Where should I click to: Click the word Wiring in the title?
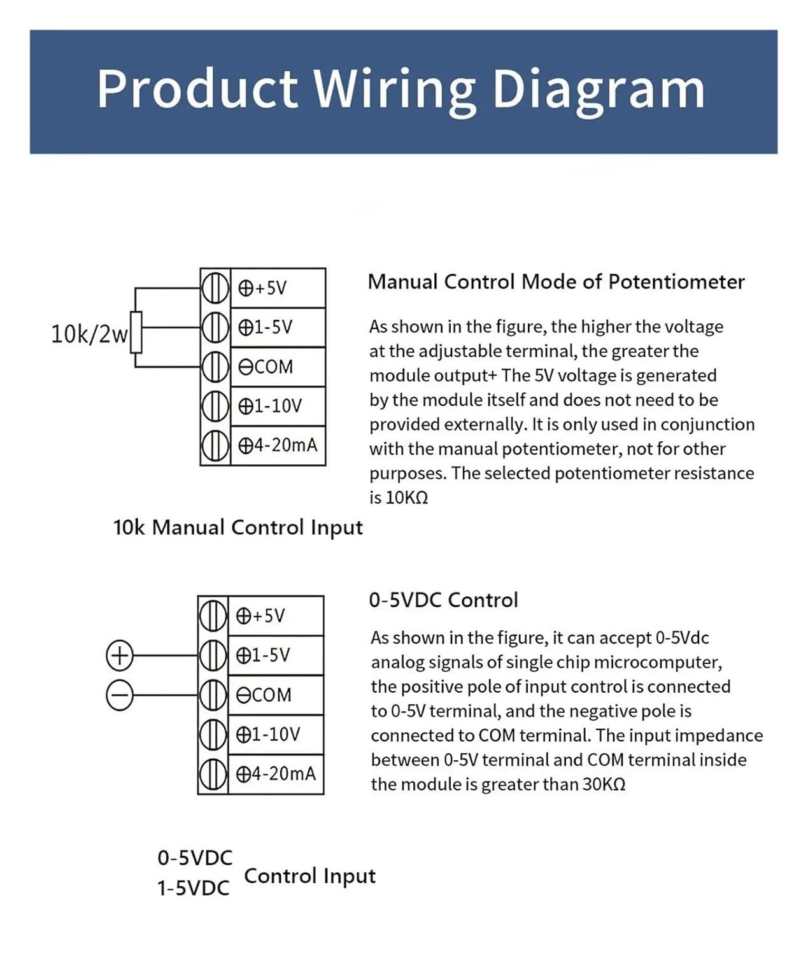pyautogui.click(x=395, y=89)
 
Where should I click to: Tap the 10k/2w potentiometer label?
pyautogui.click(x=89, y=334)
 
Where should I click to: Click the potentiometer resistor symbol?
pyautogui.click(x=136, y=332)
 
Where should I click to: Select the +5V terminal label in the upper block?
pyautogui.click(x=263, y=288)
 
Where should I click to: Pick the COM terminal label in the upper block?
pyautogui.click(x=266, y=367)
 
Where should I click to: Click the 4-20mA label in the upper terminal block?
pyautogui.click(x=278, y=445)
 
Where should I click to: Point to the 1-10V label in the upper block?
pyautogui.click(x=270, y=406)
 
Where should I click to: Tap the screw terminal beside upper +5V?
pyautogui.click(x=215, y=288)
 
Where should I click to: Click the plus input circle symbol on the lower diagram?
pyautogui.click(x=119, y=655)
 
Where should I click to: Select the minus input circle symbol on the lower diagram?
pyautogui.click(x=119, y=695)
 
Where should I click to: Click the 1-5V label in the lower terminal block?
pyautogui.click(x=263, y=655)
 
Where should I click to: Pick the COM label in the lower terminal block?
pyautogui.click(x=264, y=695)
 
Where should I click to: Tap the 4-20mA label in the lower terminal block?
pyautogui.click(x=276, y=774)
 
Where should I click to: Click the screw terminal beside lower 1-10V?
pyautogui.click(x=213, y=734)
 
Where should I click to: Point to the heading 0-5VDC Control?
pyautogui.click(x=443, y=600)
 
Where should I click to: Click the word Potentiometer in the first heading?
pyautogui.click(x=676, y=281)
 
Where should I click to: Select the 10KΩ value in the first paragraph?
pyautogui.click(x=407, y=497)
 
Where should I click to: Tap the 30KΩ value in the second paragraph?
pyautogui.click(x=604, y=784)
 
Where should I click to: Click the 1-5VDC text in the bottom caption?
pyautogui.click(x=194, y=888)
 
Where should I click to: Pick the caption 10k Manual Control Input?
pyautogui.click(x=237, y=527)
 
